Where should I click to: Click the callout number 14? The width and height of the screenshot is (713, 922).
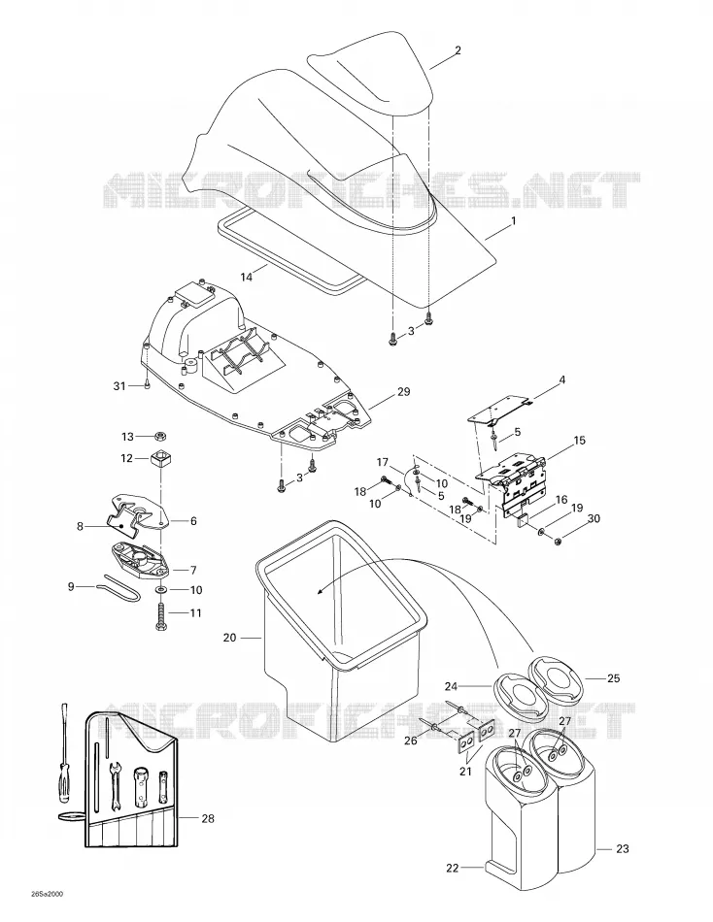click(x=247, y=277)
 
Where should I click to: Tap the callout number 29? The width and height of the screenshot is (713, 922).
click(x=404, y=392)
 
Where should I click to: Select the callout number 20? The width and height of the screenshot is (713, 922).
click(x=230, y=638)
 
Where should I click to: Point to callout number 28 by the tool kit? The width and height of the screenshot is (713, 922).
click(x=208, y=818)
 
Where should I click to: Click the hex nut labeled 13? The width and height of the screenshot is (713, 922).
click(x=159, y=437)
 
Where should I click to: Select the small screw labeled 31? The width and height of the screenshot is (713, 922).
click(x=147, y=385)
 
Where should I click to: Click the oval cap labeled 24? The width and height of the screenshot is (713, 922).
click(x=515, y=695)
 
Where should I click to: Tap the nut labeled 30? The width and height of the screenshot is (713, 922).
click(x=559, y=540)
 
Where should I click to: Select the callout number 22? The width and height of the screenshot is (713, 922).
click(x=452, y=868)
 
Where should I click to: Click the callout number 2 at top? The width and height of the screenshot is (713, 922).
click(x=458, y=50)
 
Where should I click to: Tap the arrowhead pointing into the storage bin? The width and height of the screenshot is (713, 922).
click(x=320, y=592)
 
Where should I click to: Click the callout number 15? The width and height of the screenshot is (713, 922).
click(x=580, y=440)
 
